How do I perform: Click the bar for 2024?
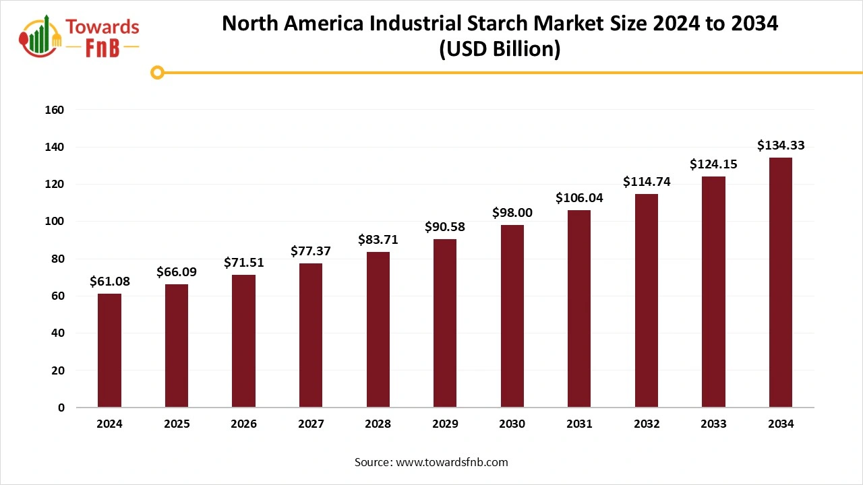pyautogui.click(x=109, y=350)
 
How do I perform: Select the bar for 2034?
pyautogui.click(x=781, y=282)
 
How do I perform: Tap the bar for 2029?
pyautogui.click(x=445, y=323)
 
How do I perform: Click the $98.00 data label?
pyautogui.click(x=512, y=212)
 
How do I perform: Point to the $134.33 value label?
pyautogui.click(x=781, y=145)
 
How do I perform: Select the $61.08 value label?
pyautogui.click(x=109, y=281)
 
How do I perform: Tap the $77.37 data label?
pyautogui.click(x=311, y=251)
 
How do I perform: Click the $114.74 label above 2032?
pyautogui.click(x=646, y=181)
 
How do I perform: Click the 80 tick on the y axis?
pyautogui.click(x=58, y=259)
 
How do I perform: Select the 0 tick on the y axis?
pyautogui.click(x=61, y=408)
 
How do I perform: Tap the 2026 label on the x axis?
pyautogui.click(x=243, y=424)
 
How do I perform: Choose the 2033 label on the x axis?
pyautogui.click(x=713, y=424)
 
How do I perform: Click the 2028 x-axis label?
pyautogui.click(x=378, y=424)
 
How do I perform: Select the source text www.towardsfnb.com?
pyautogui.click(x=451, y=462)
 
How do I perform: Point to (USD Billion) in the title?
pyautogui.click(x=500, y=50)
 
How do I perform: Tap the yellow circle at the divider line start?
pyautogui.click(x=158, y=72)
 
